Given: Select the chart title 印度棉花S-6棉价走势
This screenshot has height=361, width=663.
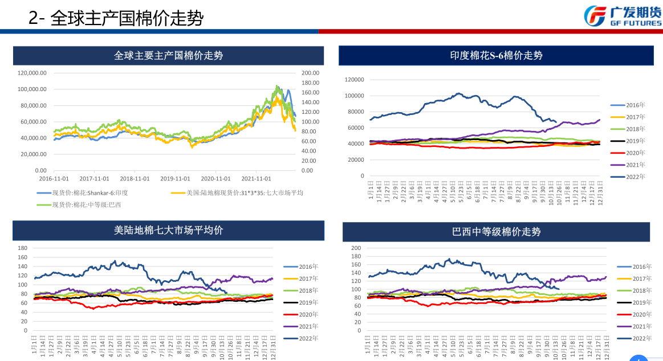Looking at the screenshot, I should click(495, 55).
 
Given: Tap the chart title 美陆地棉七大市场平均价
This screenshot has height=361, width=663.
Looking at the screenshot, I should click(168, 230).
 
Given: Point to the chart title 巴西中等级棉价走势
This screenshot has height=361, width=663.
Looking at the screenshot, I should click(496, 232).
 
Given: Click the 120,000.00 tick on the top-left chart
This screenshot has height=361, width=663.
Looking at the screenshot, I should click(32, 73).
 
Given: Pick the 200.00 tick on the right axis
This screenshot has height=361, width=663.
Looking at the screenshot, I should click(311, 73).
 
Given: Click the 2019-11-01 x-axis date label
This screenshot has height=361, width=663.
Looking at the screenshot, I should click(176, 178).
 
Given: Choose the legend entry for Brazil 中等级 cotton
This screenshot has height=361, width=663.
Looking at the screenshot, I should click(86, 204).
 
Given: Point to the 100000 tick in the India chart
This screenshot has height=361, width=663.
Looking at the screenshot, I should click(354, 96).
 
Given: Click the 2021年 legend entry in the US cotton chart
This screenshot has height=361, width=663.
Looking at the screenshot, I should click(308, 326).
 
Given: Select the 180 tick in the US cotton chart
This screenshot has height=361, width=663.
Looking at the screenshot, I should click(23, 248).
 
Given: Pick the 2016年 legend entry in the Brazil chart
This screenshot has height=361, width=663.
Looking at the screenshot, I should click(641, 266).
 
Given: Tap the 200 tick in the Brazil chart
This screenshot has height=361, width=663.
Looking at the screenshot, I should click(356, 248).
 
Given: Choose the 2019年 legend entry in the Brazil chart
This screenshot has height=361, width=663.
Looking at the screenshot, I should click(641, 302).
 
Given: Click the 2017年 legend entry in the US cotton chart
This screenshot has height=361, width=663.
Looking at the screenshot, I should click(308, 278).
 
